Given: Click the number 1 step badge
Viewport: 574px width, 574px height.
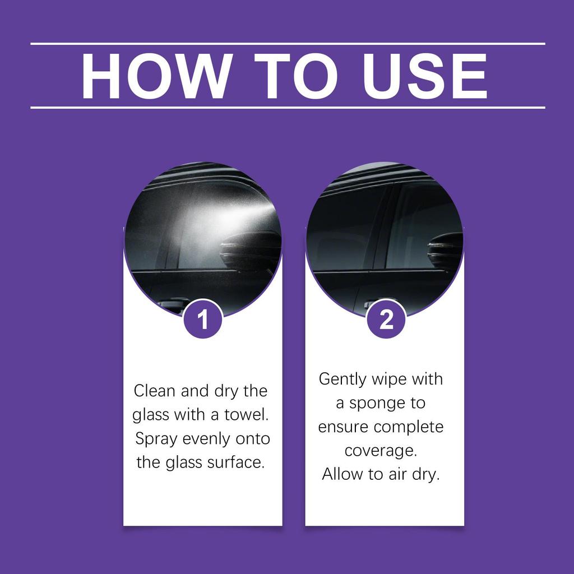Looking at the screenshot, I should tap(203, 320).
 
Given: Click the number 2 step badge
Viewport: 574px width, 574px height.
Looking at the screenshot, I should tap(386, 320).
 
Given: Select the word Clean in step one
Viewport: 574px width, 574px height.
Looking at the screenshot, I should tap(154, 390).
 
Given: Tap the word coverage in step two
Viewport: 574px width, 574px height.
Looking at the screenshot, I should tap(381, 451).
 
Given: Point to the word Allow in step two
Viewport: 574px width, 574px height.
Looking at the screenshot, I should tap(342, 474).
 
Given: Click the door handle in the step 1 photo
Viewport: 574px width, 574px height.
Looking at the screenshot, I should tap(171, 304).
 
